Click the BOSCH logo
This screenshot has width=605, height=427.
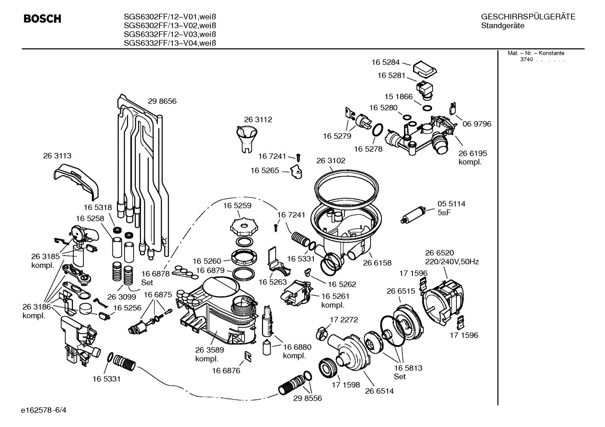pyautogui.click(x=42, y=19)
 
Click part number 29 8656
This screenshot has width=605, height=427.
pyautogui.click(x=162, y=101)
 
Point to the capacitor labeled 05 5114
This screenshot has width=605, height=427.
pyautogui.click(x=414, y=214)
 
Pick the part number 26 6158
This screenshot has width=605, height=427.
pyautogui.click(x=377, y=263)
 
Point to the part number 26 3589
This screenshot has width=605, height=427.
pyautogui.click(x=209, y=350)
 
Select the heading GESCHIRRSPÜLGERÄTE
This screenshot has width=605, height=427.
pyautogui.click(x=528, y=17)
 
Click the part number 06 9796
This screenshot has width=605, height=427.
pyautogui.click(x=477, y=124)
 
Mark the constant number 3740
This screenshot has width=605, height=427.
pyautogui.click(x=526, y=60)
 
